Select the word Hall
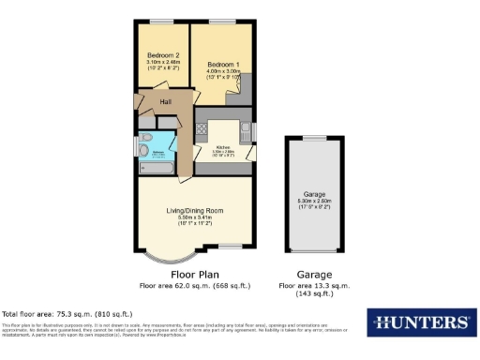click(x=165, y=101)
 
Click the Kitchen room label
click(x=223, y=147)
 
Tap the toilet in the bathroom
click(x=145, y=150)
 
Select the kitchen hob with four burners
click(x=202, y=131)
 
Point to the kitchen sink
click(x=246, y=131)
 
